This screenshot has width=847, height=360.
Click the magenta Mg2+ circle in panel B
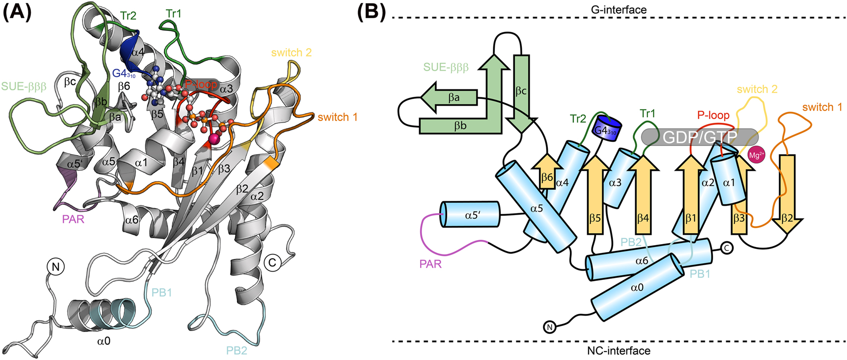point(756,156)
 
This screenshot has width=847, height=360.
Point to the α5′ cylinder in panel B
point(470,214)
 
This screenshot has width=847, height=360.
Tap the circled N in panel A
point(56,267)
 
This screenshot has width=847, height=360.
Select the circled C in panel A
point(272,262)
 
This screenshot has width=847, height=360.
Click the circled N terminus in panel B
point(550,327)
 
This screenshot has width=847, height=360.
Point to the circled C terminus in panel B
point(727,248)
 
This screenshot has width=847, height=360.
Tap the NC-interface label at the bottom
point(619,351)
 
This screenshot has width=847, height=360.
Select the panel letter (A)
point(17,12)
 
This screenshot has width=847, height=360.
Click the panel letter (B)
point(371,12)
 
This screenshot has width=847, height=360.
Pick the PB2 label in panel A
point(236,350)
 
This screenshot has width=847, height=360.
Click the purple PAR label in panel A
point(73,219)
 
